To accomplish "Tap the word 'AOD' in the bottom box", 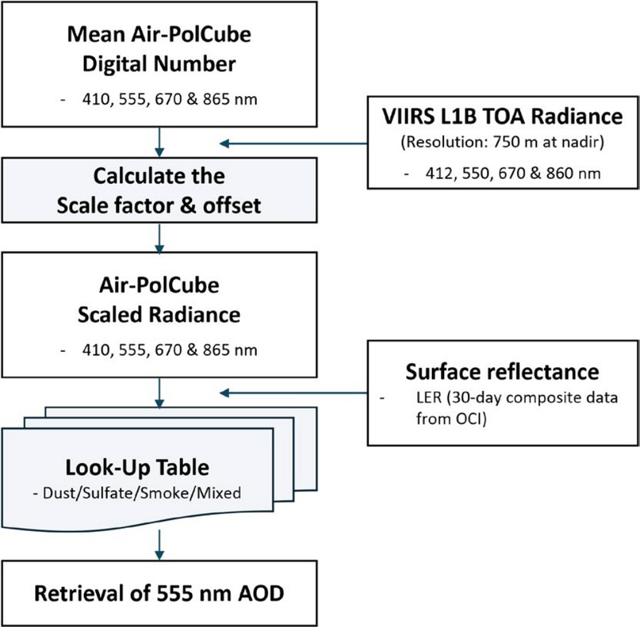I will click(x=266, y=595).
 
